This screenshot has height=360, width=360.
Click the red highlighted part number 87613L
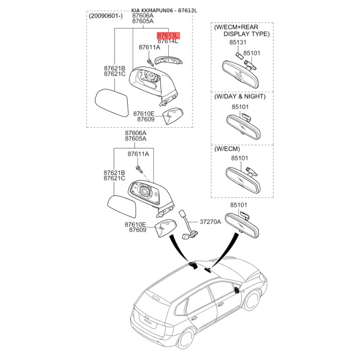click(x=168, y=36)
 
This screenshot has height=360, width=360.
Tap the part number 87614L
click(x=168, y=41)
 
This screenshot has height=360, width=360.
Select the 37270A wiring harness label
click(x=210, y=222)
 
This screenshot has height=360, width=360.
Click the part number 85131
click(x=238, y=42)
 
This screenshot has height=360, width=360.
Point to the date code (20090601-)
click(x=106, y=16)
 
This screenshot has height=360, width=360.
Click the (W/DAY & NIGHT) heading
click(x=240, y=96)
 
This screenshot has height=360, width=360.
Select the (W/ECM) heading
click(x=227, y=149)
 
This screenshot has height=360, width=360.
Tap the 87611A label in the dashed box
click(x=149, y=47)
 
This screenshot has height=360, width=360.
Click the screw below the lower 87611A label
click(x=139, y=170)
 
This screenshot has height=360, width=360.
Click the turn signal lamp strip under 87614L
click(x=168, y=61)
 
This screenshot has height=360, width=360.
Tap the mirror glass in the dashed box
click(x=112, y=103)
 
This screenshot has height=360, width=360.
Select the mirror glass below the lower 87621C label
click(x=122, y=207)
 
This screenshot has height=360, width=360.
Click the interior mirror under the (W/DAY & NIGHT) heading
click(x=243, y=126)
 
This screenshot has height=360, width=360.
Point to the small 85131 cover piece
click(x=239, y=55)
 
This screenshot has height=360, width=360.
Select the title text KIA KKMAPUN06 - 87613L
click(x=164, y=10)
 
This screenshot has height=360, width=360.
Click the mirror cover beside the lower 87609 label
click(x=166, y=229)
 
